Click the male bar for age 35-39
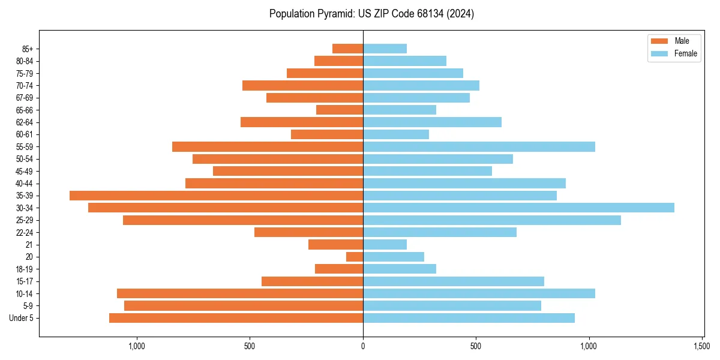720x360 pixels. point(216,196)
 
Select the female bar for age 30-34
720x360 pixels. point(518,208)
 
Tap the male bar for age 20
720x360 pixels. point(355,257)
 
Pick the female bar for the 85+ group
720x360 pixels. point(385,49)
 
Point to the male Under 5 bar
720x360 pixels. point(236,318)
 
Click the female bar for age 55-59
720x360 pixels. point(479,146)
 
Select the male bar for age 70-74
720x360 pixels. point(302,85)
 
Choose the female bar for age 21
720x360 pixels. point(385,244)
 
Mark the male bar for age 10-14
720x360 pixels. point(240,293)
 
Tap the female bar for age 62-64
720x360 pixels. point(432,122)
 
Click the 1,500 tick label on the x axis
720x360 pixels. point(702,346)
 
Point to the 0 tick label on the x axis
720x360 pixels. point(363,346)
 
